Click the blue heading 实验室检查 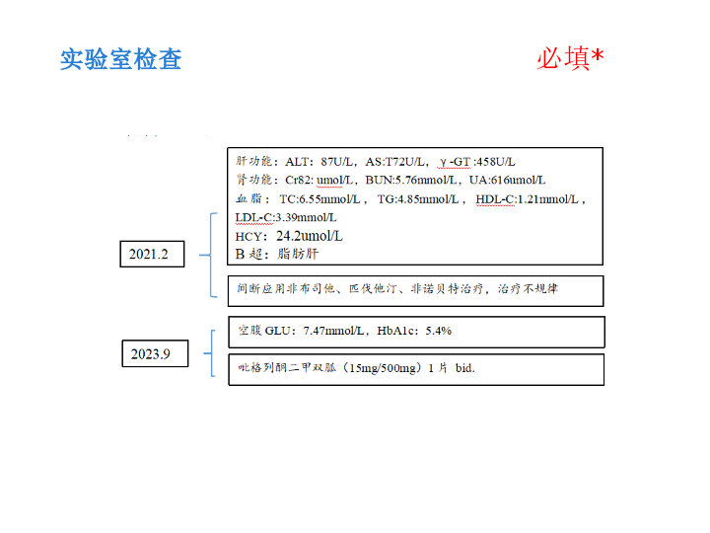coord(121,59)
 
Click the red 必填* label coord(570,58)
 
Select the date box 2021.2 coord(152,254)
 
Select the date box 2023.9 coord(155,353)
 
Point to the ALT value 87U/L coord(336,162)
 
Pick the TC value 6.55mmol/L coord(329,199)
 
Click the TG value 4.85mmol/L coord(428,199)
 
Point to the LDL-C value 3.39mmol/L coord(306,218)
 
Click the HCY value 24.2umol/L coord(310,236)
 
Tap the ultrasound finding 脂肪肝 coord(298,254)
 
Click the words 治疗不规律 coord(528,288)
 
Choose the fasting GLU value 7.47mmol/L coord(333,331)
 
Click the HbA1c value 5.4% coord(438,331)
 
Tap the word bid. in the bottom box coord(465,368)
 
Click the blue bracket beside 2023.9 coord(211,353)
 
